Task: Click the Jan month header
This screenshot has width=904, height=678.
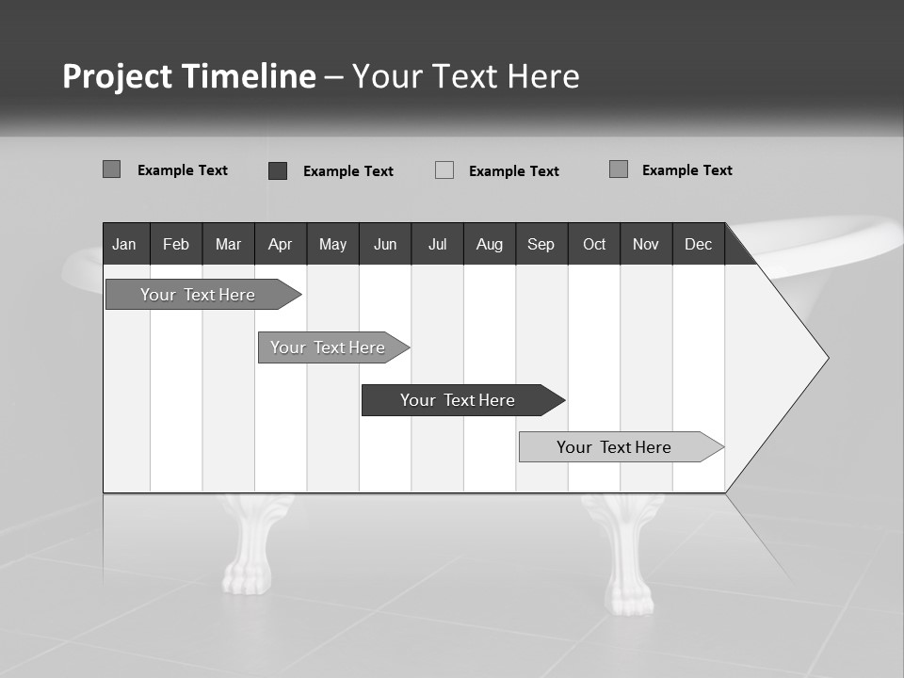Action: pyautogui.click(x=124, y=245)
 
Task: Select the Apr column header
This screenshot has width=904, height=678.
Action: pyautogui.click(x=280, y=245)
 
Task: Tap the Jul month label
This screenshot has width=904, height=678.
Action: pyautogui.click(x=437, y=245)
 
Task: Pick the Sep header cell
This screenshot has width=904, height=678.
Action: pyautogui.click(x=541, y=245)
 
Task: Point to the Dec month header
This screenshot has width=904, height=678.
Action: pyautogui.click(x=698, y=245)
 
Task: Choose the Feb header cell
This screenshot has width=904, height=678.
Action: pyautogui.click(x=176, y=245)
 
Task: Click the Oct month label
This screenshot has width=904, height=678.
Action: pyautogui.click(x=594, y=245)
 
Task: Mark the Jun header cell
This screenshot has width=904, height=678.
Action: pyautogui.click(x=385, y=245)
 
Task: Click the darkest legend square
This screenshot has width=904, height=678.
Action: pyautogui.click(x=278, y=170)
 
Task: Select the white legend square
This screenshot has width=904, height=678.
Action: pyautogui.click(x=444, y=170)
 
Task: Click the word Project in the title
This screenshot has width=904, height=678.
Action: pyautogui.click(x=117, y=76)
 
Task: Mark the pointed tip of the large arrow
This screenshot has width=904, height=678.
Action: pyautogui.click(x=827, y=358)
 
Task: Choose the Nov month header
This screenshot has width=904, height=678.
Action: pyautogui.click(x=646, y=245)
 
